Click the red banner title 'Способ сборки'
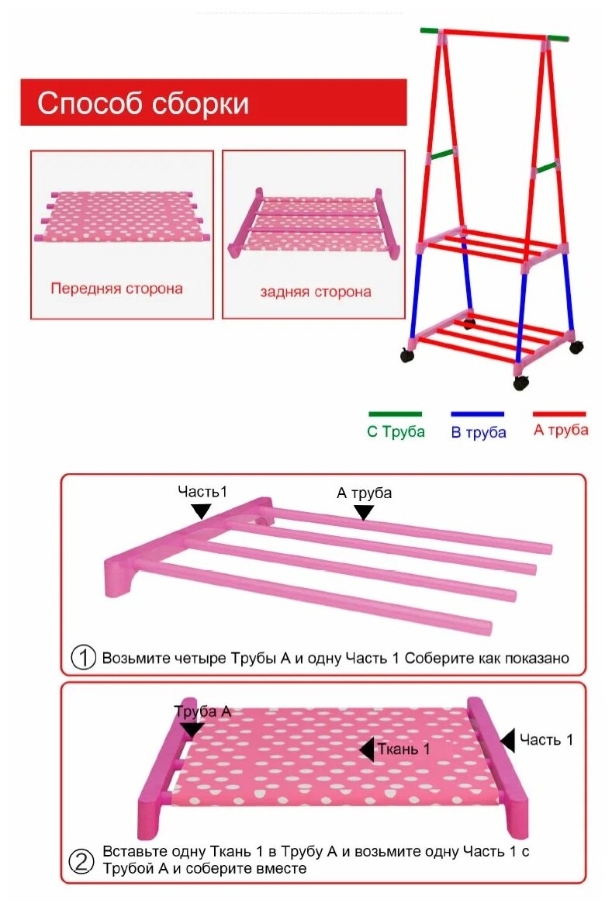click(x=143, y=102)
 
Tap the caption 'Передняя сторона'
click(x=116, y=289)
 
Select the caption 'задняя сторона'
click(x=315, y=292)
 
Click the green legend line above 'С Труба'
click(x=395, y=414)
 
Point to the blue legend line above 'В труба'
click(x=478, y=414)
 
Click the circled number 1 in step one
click(x=83, y=658)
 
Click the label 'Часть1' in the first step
click(x=202, y=492)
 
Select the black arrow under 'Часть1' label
click(x=201, y=510)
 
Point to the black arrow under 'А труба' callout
click(x=363, y=512)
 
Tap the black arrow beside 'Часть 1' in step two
click(x=507, y=740)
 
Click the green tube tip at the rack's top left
click(x=429, y=31)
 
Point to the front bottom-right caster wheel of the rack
click(x=520, y=382)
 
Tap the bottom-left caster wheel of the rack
click(x=406, y=355)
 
